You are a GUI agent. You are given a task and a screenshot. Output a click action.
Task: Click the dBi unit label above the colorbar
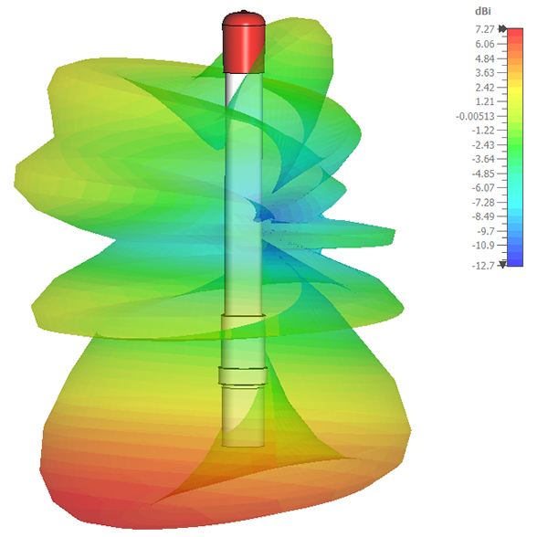tap(482, 12)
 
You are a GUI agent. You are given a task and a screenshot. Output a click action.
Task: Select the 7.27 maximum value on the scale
tap(485, 29)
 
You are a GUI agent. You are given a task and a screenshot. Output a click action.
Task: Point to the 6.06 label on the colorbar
tap(485, 44)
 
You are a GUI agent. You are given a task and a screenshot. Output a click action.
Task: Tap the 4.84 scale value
tap(485, 58)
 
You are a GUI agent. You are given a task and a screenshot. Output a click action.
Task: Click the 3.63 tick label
tap(485, 73)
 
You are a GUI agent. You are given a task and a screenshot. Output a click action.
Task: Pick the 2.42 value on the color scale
tap(485, 88)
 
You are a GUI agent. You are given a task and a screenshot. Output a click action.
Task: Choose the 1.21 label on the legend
tap(485, 101)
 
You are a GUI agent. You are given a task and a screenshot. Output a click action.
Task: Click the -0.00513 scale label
tap(475, 116)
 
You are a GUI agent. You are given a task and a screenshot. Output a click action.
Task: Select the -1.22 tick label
tap(483, 131)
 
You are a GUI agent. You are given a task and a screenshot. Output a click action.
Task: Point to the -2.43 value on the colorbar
tap(483, 145)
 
